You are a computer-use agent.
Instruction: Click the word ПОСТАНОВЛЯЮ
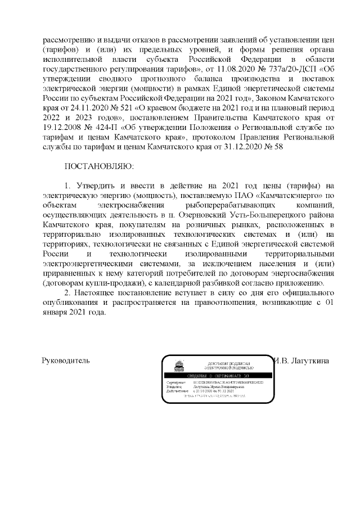[99, 167]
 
